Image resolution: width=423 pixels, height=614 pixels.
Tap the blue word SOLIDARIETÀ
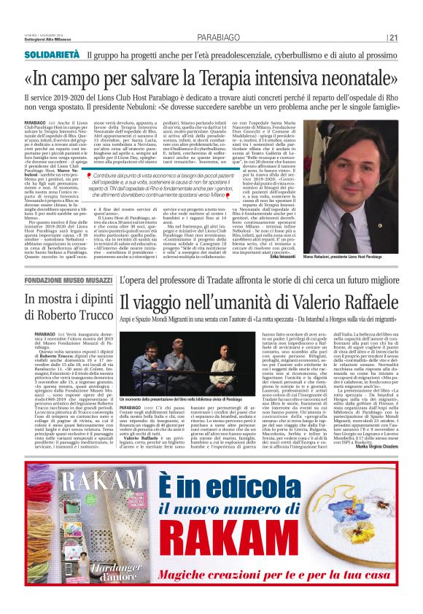[x=51, y=55]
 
